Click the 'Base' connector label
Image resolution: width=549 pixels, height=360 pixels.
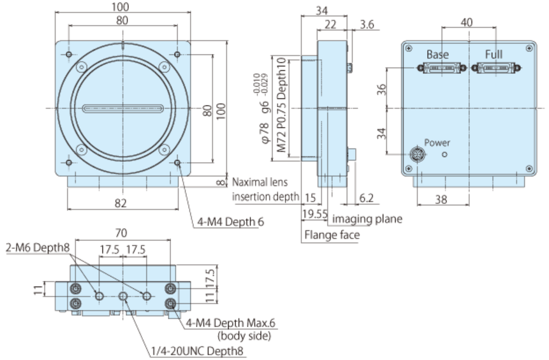[x=437, y=55]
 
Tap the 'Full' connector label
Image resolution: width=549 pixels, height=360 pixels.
[x=494, y=55]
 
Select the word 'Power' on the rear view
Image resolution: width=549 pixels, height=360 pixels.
[x=437, y=142]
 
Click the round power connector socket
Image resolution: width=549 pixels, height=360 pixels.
[x=418, y=154]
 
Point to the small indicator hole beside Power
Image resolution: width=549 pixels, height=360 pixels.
[x=445, y=154]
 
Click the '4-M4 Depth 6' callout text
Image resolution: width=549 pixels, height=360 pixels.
[x=230, y=222]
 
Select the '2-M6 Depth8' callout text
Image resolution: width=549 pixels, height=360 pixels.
[x=38, y=247]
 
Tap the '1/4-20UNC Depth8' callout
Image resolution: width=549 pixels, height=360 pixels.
[x=197, y=351]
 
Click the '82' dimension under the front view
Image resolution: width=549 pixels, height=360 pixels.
[x=121, y=203]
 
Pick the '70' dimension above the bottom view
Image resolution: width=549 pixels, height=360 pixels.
[x=121, y=233]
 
